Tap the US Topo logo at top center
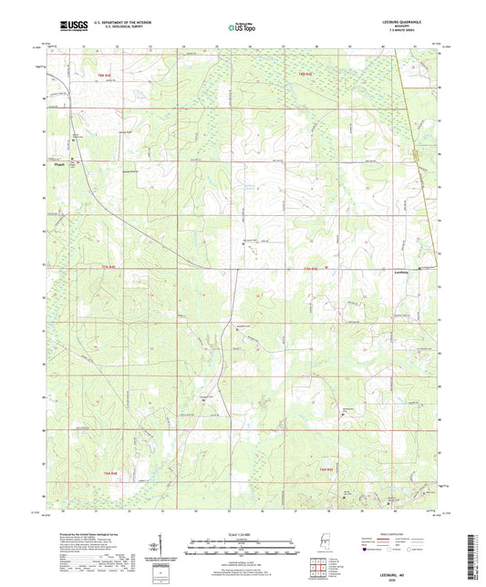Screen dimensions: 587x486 click(242, 28)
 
